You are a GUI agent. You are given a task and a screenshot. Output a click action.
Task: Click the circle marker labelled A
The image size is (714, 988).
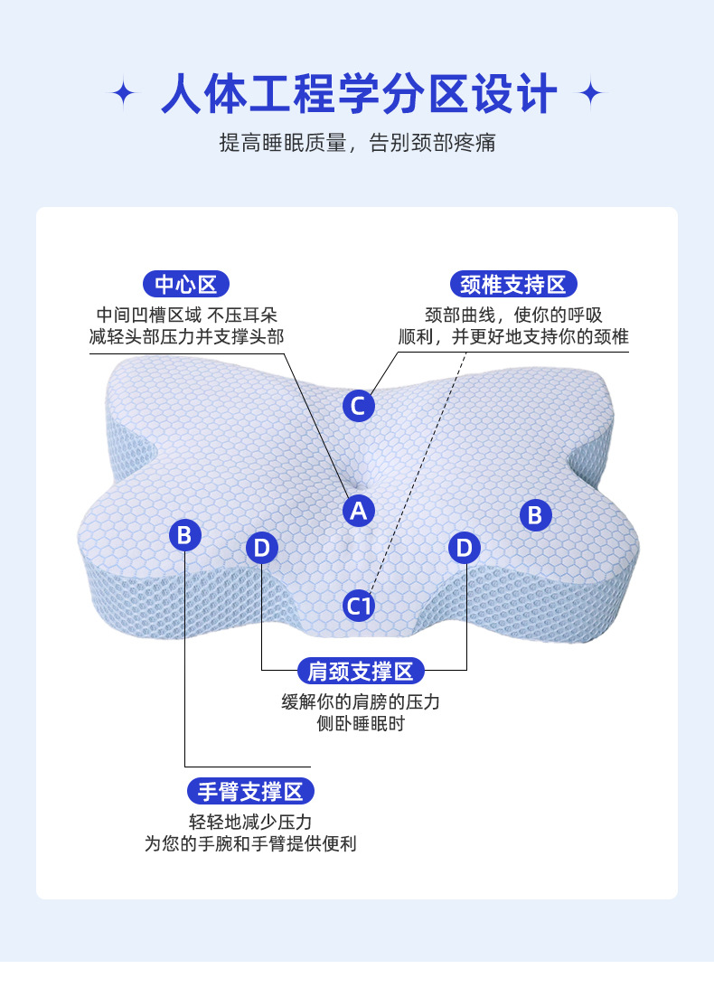359,511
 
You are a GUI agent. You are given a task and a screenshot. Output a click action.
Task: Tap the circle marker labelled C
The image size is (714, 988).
358,405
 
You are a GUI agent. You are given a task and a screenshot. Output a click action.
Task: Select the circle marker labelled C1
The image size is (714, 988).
359,605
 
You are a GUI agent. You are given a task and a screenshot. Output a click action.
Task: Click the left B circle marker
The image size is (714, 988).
184,535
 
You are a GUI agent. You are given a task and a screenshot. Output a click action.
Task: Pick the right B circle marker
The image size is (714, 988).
535,515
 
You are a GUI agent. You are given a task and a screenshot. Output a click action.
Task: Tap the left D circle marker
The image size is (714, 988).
261,547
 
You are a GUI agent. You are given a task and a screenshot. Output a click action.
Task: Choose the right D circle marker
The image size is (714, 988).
465,547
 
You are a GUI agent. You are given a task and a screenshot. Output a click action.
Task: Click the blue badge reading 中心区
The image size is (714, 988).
185,285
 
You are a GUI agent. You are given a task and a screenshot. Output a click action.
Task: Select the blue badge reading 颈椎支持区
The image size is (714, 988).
512,285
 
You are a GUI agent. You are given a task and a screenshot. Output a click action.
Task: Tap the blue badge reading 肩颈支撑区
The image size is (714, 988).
360,671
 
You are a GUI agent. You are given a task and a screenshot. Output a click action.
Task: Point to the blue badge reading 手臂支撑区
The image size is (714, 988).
250,792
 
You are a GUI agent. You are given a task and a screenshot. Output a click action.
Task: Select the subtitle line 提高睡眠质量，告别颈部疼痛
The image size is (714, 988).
358,143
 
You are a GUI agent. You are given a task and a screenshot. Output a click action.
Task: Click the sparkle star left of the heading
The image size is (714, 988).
124,93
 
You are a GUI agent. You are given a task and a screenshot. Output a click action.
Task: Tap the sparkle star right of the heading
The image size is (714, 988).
592,93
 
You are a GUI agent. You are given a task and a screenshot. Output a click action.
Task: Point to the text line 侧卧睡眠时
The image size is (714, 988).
360,725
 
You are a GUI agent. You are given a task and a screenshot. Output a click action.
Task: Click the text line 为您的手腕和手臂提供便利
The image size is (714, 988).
250,844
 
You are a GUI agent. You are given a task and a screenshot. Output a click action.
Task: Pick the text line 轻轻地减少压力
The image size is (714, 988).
250,822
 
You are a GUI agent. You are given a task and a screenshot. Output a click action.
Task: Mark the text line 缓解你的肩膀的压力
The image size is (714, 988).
360,702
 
